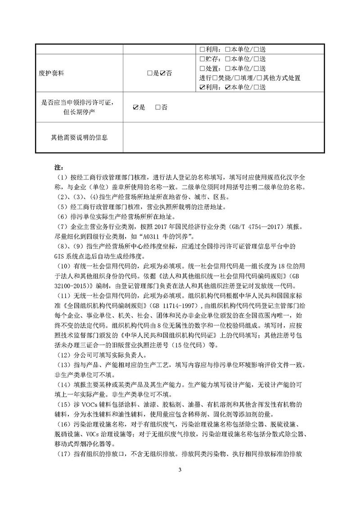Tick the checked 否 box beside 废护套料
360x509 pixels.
click(x=162, y=73)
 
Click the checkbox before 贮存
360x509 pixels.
click(x=202, y=59)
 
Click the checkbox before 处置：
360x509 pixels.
click(x=202, y=68)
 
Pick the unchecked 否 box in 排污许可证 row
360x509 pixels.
click(x=157, y=107)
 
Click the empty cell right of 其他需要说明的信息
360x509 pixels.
click(x=222, y=137)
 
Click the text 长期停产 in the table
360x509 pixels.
click(x=84, y=112)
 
